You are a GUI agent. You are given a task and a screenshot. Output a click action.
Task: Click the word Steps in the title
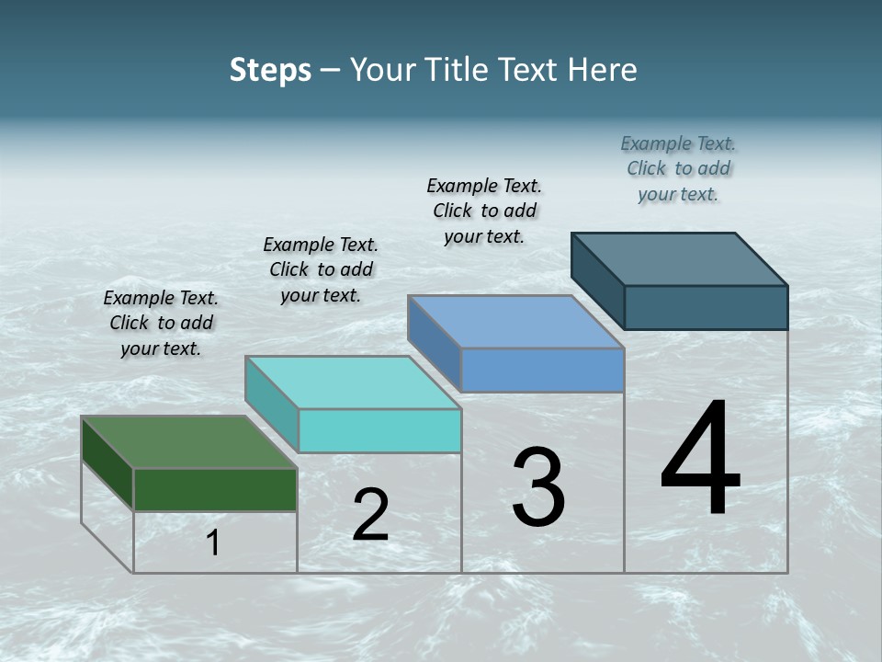(270, 70)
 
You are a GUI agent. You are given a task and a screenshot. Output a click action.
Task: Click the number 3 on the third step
(538, 488)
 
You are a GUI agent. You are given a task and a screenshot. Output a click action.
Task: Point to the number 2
(371, 515)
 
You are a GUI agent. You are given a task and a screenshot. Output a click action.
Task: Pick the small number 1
(213, 543)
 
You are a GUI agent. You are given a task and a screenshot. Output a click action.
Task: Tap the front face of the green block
(215, 489)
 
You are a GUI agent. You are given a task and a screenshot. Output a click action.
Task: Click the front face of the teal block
(379, 430)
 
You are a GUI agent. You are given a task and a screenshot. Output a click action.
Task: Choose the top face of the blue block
(515, 322)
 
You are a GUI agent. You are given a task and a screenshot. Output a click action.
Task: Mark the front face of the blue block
(542, 370)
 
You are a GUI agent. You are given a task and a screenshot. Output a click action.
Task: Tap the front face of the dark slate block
(706, 307)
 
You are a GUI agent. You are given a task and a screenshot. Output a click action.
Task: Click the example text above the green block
(161, 323)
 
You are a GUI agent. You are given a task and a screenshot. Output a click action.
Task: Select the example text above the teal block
(321, 269)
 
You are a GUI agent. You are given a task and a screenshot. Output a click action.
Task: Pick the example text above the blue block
(484, 211)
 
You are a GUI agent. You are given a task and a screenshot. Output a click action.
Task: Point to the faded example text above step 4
(678, 168)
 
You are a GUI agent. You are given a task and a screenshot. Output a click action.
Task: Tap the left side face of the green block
(107, 463)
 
